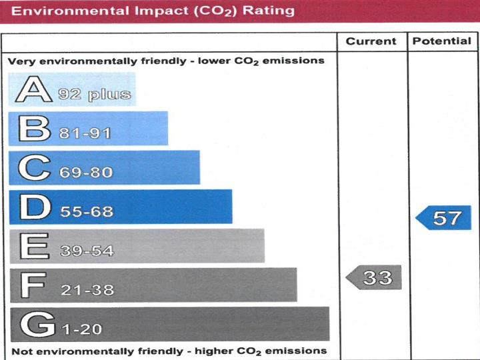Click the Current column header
[x=372, y=41]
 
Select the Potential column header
[x=442, y=41]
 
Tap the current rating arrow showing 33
[x=375, y=277]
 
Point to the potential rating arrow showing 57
[x=444, y=218]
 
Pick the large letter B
[x=34, y=129]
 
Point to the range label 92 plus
[x=93, y=94]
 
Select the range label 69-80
[x=86, y=173]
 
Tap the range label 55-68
[x=87, y=212]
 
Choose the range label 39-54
[x=87, y=251]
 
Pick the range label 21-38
[x=87, y=290]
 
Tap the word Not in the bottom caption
[x=22, y=351]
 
